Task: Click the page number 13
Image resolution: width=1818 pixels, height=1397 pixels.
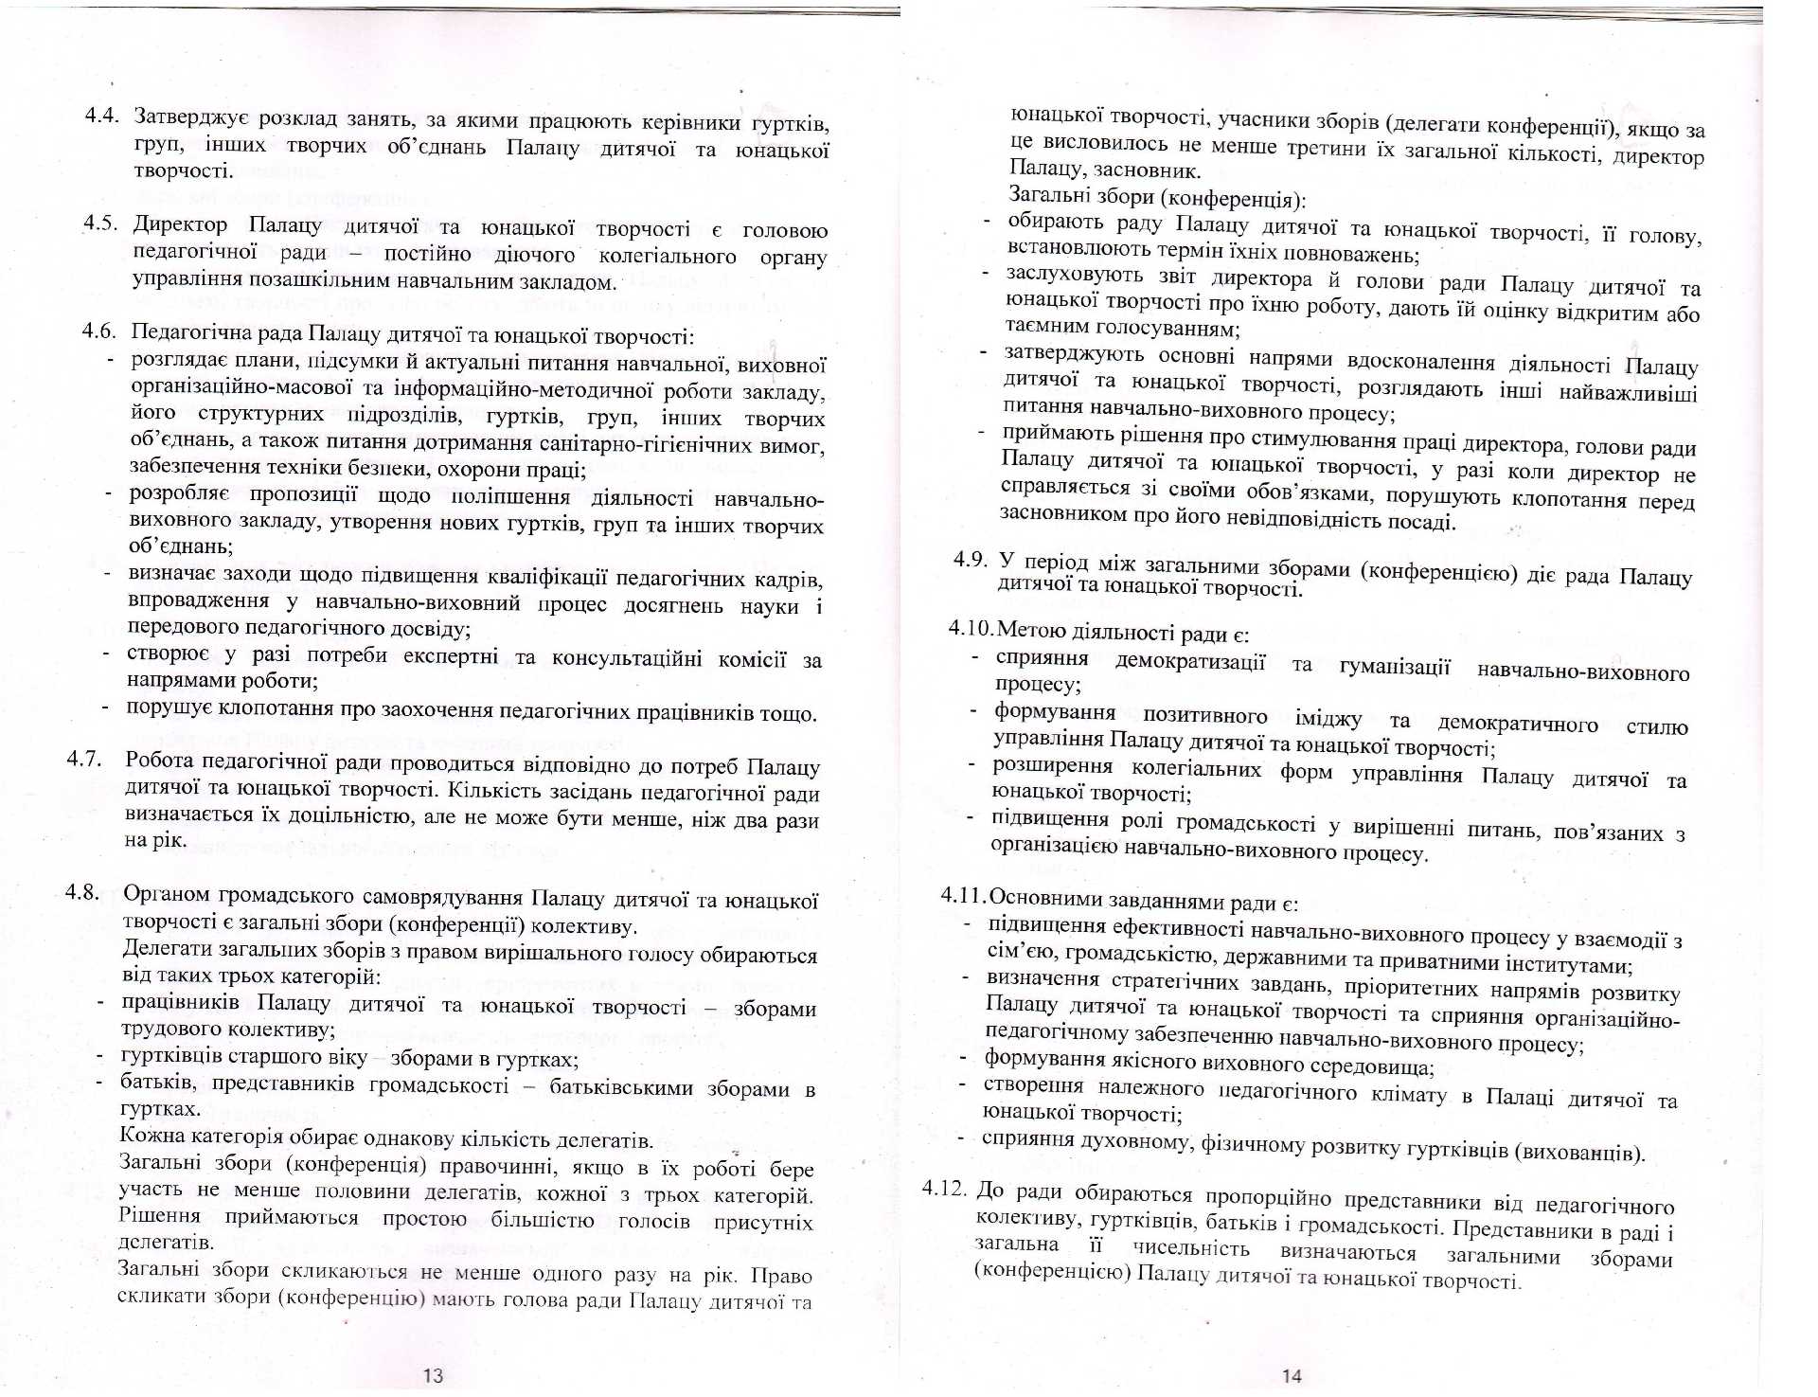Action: click(433, 1375)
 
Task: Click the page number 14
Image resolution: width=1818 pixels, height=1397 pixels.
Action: click(1292, 1375)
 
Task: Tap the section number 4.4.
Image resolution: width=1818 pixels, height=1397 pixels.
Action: click(101, 116)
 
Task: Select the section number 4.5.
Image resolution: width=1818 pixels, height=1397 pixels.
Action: click(100, 224)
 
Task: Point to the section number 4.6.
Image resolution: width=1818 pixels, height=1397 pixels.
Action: click(99, 331)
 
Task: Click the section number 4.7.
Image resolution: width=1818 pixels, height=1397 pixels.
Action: click(83, 759)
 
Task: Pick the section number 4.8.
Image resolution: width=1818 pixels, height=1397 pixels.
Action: click(82, 892)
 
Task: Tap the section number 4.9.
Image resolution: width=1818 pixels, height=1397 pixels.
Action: click(971, 559)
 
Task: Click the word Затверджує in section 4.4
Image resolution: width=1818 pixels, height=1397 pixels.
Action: click(191, 117)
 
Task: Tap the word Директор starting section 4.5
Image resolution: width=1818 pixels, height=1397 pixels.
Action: click(180, 225)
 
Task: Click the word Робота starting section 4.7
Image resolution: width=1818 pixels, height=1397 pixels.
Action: click(159, 760)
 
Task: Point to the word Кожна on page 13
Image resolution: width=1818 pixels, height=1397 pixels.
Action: click(150, 1136)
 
